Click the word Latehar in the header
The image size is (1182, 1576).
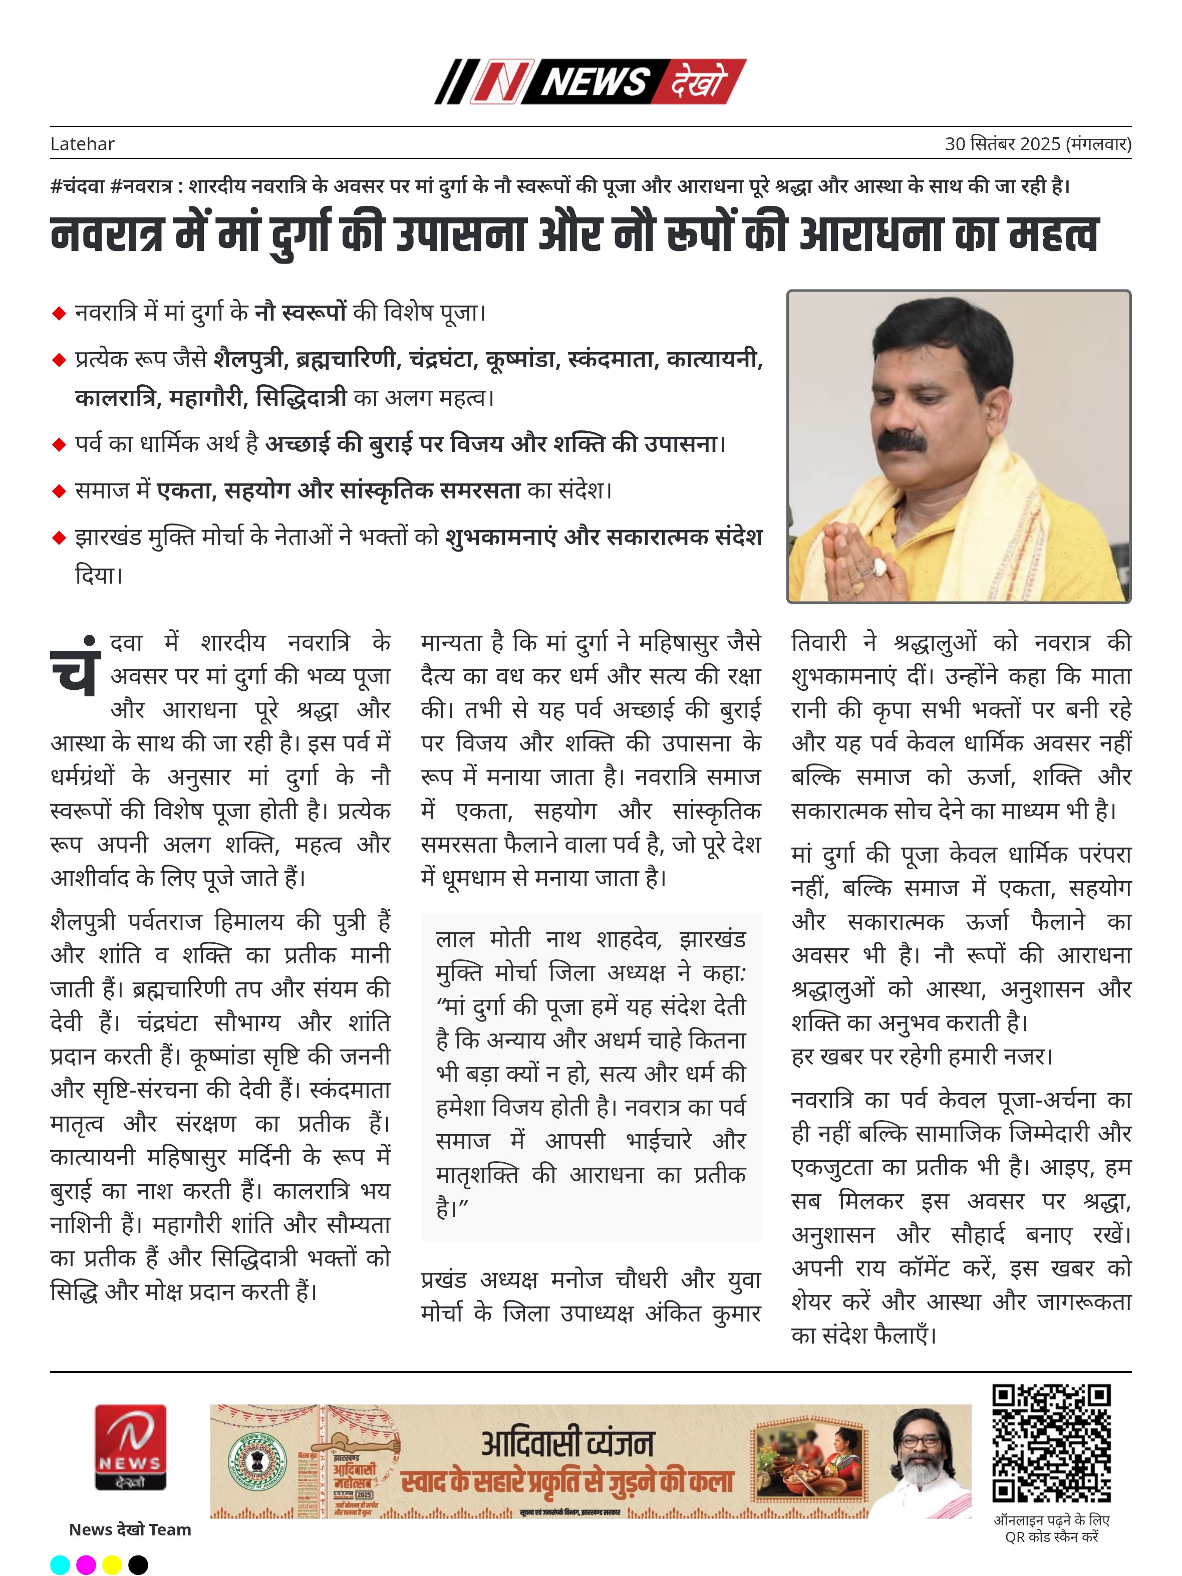click(82, 144)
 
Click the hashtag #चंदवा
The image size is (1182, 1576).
click(78, 186)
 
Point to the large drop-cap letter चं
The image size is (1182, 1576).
click(74, 668)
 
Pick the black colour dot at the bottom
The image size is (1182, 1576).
click(138, 1564)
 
